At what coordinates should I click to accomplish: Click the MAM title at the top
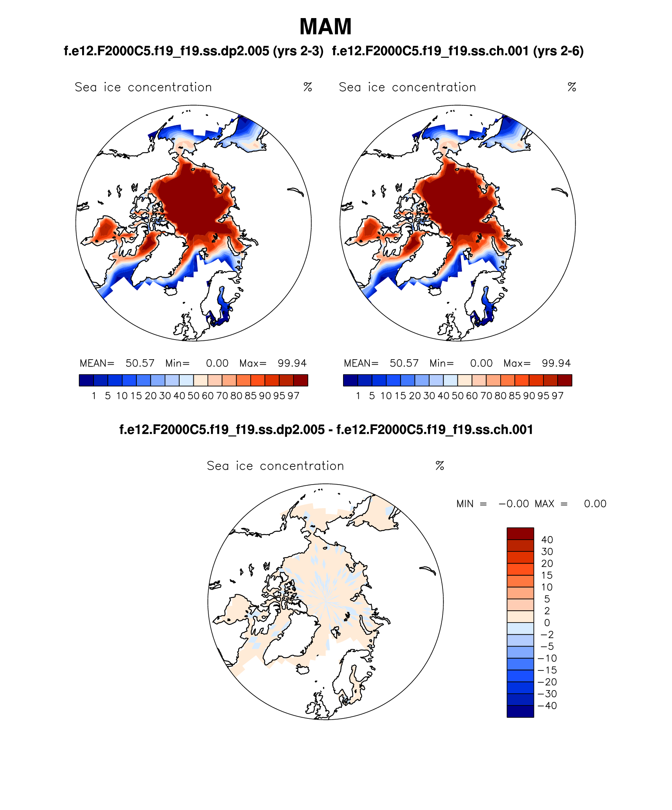[325, 27]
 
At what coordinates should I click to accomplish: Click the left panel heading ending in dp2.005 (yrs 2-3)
[194, 51]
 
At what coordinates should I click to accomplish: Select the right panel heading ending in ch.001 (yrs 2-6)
[458, 51]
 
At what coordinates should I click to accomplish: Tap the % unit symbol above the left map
[308, 87]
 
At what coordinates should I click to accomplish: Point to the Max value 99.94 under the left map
[292, 363]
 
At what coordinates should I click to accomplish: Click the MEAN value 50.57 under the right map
[404, 363]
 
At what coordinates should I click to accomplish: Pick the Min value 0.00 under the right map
[481, 363]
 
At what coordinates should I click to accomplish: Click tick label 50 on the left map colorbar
[193, 396]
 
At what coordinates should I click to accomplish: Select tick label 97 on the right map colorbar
[558, 396]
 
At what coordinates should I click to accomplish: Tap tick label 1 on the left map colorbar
[94, 396]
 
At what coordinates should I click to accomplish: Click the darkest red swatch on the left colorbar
[301, 380]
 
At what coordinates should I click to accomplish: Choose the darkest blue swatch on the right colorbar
[350, 380]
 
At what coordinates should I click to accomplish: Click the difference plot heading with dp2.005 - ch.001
[326, 430]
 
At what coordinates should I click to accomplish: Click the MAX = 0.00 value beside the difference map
[595, 504]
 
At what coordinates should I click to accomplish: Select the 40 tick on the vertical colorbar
[547, 540]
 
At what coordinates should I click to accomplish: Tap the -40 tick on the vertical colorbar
[547, 706]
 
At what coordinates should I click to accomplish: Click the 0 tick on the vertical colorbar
[547, 623]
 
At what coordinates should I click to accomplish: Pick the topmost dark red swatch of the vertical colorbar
[520, 534]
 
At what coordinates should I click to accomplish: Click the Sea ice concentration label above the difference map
[275, 466]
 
